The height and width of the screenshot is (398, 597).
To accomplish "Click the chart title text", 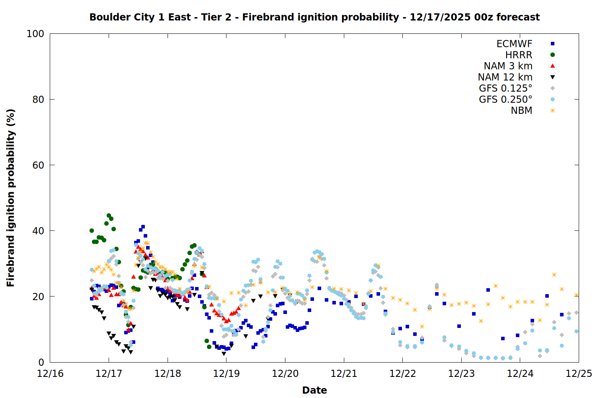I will tap(314, 17).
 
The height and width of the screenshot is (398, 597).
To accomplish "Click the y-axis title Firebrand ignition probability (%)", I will tap(11, 198).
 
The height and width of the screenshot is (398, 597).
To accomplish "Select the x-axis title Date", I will tap(314, 390).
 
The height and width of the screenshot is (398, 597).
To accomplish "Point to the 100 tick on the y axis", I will tap(35, 34).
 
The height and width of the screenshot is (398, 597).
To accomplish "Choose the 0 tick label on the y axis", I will tap(41, 362).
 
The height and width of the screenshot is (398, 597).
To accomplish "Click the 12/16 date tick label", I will tap(50, 374).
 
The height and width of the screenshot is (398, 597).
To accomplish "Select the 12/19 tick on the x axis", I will tap(226, 374).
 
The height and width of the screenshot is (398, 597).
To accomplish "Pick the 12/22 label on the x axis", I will tap(403, 374).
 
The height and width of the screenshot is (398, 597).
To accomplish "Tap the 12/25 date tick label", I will tap(579, 374).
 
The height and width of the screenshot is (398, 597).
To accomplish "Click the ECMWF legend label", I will tap(514, 44).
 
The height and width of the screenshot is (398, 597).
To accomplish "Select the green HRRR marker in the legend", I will tap(552, 55).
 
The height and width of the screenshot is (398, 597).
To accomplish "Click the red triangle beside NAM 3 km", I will tap(552, 66).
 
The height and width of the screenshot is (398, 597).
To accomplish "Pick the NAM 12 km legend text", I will tap(505, 77).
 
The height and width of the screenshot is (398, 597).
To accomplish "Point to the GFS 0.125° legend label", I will tap(505, 88).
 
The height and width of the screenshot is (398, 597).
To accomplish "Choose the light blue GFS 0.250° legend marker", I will tap(552, 99).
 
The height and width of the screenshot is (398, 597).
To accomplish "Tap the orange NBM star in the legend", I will tap(552, 111).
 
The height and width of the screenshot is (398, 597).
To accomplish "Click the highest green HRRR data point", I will tap(109, 216).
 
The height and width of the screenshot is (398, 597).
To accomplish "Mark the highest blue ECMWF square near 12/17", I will tap(143, 227).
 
